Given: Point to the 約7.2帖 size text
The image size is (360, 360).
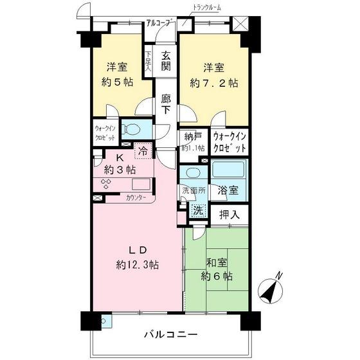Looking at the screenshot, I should (x=213, y=82).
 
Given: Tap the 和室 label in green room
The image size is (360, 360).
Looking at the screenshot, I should (x=215, y=262).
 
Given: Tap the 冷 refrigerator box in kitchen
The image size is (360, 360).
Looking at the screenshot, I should (x=141, y=153).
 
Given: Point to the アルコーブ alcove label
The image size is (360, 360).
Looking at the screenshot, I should (x=159, y=23).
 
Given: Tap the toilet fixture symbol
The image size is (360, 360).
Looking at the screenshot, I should (x=131, y=129).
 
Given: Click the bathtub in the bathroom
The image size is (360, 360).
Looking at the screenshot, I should (x=228, y=171).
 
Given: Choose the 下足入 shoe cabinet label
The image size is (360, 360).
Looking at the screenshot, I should (x=148, y=61).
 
